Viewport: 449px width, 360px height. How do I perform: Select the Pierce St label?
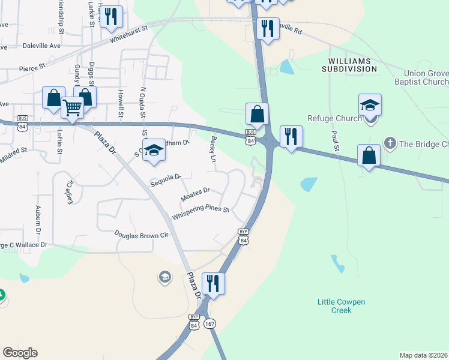pyautogui.click(x=32, y=68)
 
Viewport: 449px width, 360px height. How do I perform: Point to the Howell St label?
pyautogui.click(x=121, y=103)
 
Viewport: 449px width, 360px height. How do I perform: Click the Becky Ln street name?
pyautogui.click(x=213, y=149)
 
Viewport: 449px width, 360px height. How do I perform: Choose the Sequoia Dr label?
pyautogui.click(x=166, y=179)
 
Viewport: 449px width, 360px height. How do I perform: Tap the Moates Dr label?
pyautogui.click(x=195, y=194)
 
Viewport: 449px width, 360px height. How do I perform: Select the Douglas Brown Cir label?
pyautogui.click(x=142, y=235)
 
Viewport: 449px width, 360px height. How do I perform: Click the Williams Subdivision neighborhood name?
pyautogui.click(x=353, y=65)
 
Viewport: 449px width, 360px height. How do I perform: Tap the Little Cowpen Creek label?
pyautogui.click(x=342, y=306)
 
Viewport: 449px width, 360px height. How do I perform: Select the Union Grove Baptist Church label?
pyautogui.click(x=421, y=77)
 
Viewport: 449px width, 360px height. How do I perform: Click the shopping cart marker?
pyautogui.click(x=72, y=108)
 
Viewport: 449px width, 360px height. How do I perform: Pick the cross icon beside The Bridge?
pyautogui.click(x=390, y=143)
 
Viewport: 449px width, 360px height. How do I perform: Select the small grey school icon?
pyautogui.click(x=164, y=277)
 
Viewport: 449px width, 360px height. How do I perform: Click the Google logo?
pyautogui.click(x=20, y=353)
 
